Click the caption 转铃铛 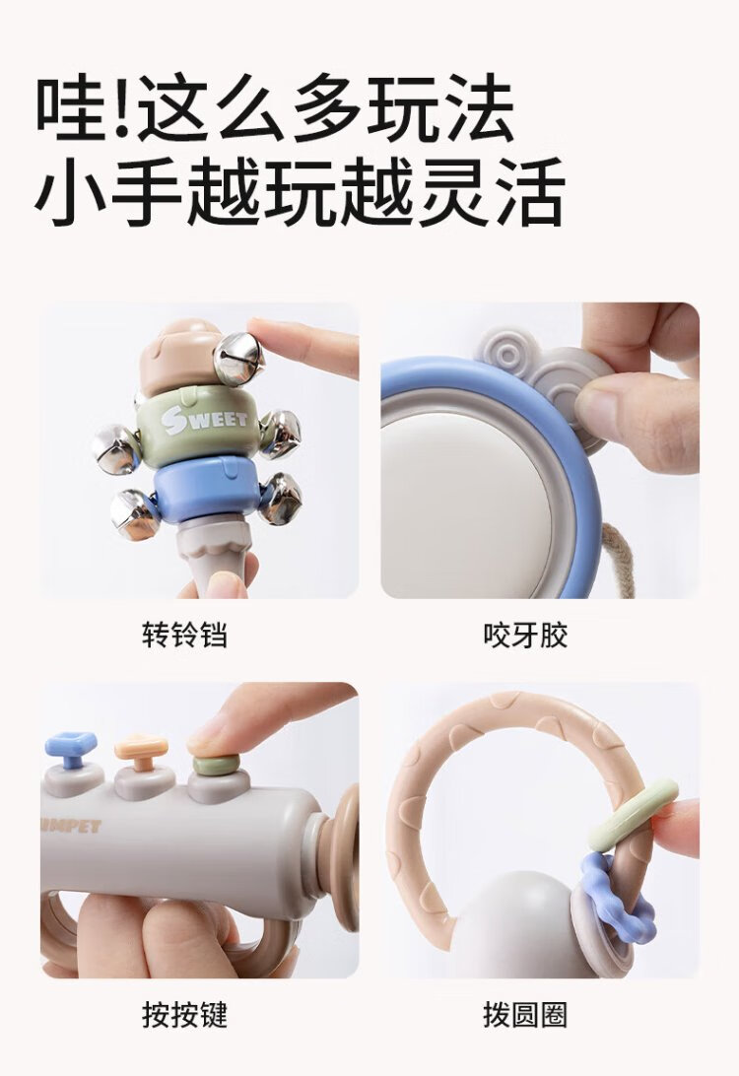pos(184,635)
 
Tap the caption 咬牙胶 pos(525,635)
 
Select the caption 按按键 pos(184,1015)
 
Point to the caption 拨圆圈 pos(525,1015)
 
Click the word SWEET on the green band pos(204,420)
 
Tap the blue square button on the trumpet pos(71,749)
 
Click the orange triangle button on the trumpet pos(141,752)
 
